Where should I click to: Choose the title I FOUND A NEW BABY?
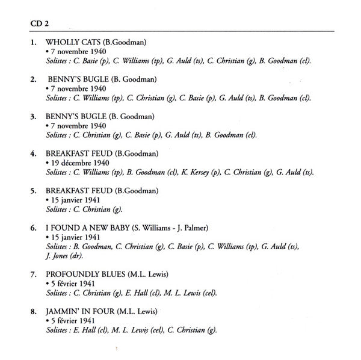tap(87, 229)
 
